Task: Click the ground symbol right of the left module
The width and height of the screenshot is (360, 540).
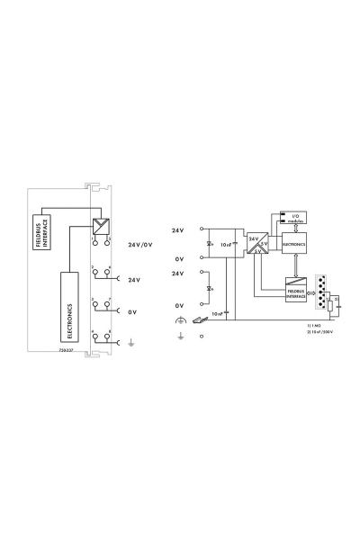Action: (x=131, y=341)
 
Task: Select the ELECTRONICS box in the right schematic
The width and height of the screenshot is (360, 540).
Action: (x=294, y=243)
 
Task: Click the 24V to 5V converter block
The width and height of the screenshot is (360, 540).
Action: (x=256, y=244)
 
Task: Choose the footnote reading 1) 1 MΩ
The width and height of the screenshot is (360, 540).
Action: (x=314, y=324)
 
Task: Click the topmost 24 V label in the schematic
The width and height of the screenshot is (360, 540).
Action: (x=177, y=231)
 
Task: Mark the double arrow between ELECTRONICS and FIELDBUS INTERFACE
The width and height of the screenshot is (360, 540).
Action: (x=294, y=265)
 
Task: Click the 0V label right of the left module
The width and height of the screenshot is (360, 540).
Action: (x=132, y=311)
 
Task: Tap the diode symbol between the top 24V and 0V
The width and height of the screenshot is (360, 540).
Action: (x=210, y=244)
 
